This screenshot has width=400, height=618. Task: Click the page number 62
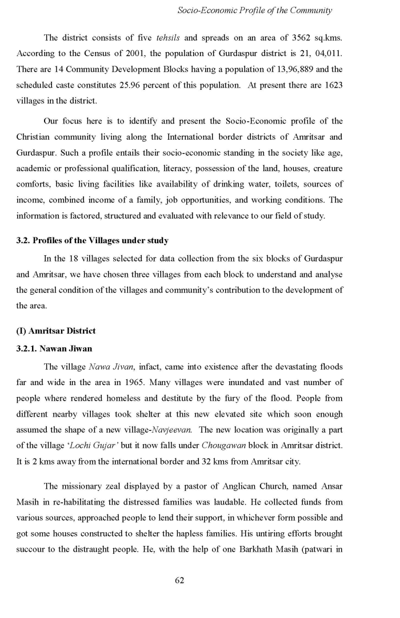tap(179, 580)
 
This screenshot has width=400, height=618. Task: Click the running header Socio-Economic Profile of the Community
tap(255, 10)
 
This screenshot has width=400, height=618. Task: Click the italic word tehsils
tap(169, 38)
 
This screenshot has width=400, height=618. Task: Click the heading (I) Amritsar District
tap(56, 331)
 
